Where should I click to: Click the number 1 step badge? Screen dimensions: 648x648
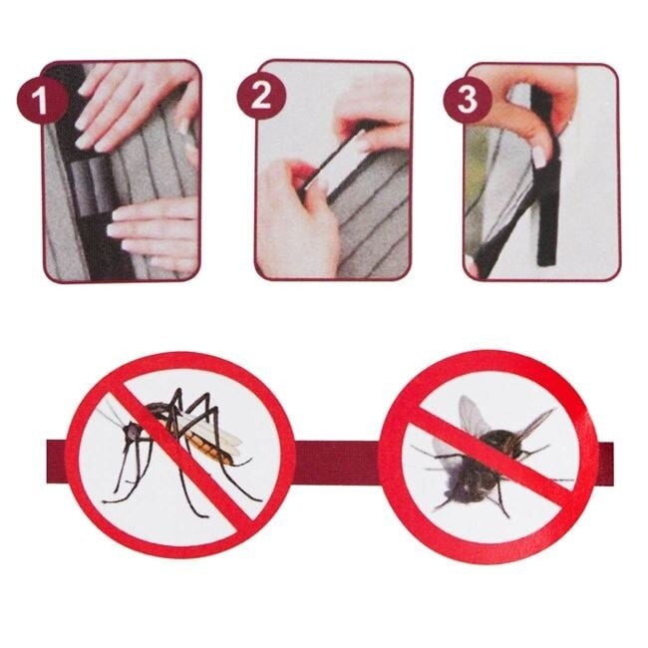[x=41, y=100]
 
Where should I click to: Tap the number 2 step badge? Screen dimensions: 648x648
[x=261, y=96]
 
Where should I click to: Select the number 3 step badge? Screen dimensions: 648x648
[x=468, y=100]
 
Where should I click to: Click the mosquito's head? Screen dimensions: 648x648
[x=133, y=432]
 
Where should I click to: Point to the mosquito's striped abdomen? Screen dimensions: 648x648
[x=208, y=449]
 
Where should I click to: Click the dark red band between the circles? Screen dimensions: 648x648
[x=338, y=463]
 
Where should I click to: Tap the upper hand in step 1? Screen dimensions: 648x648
[x=137, y=104]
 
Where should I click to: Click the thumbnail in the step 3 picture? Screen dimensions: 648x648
[x=539, y=157]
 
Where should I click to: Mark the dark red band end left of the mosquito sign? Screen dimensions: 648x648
[x=56, y=462]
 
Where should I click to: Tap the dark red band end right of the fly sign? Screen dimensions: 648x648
[x=605, y=464]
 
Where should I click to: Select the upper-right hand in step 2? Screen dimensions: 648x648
[x=372, y=120]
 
